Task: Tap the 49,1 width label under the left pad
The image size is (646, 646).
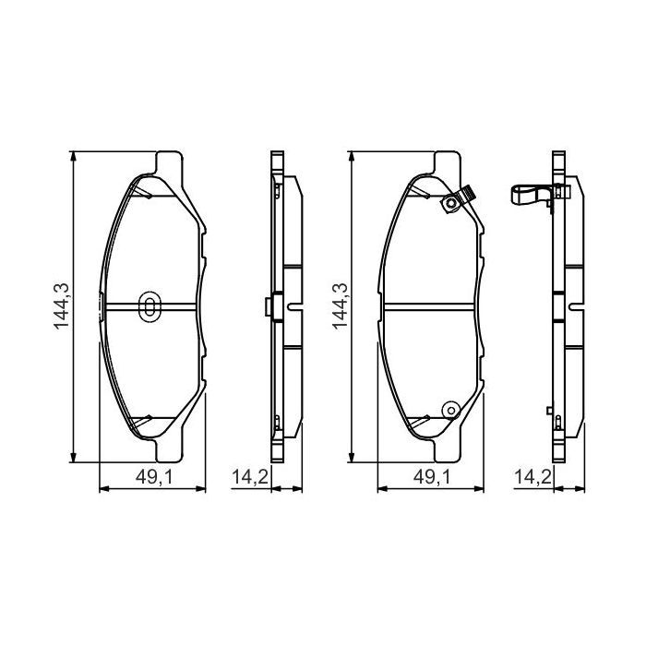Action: click(x=150, y=477)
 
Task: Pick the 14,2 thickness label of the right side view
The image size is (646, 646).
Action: click(x=527, y=477)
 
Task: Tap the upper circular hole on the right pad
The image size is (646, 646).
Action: click(x=449, y=204)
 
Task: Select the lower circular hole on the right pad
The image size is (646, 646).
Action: click(x=449, y=409)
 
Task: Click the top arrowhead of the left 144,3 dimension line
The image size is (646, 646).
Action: click(x=74, y=156)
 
